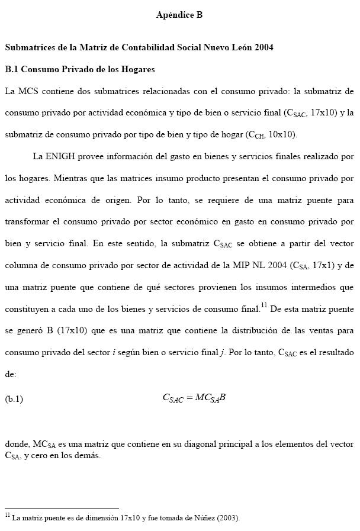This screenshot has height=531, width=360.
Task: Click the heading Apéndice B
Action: point(179,15)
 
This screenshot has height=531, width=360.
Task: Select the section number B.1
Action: point(12,69)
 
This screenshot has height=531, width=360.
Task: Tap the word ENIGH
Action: point(60,156)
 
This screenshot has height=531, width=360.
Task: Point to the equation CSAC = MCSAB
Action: point(194,398)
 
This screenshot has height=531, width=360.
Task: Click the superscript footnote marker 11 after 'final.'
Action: point(264,306)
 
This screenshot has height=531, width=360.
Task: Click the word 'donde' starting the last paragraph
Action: point(17,443)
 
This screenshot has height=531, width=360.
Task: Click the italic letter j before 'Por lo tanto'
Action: point(222,353)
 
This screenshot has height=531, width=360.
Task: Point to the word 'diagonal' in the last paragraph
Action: point(222,443)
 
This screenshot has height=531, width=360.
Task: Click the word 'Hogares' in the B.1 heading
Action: point(139,69)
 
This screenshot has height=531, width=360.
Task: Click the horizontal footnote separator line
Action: point(62,508)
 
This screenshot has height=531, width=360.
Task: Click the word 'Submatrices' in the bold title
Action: point(29,47)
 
